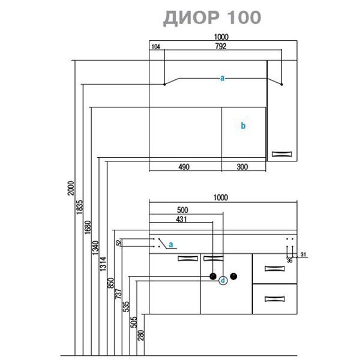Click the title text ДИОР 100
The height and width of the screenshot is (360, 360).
pyautogui.click(x=212, y=17)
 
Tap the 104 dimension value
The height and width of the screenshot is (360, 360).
pyautogui.click(x=156, y=47)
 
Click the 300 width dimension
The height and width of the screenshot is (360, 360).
pyautogui.click(x=242, y=167)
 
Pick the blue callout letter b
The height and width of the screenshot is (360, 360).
pyautogui.click(x=243, y=126)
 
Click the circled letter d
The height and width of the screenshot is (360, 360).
pyautogui.click(x=223, y=280)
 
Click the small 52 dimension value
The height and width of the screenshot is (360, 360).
pyautogui.click(x=119, y=244)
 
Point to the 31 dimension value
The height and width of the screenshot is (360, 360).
pyautogui.click(x=304, y=255)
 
